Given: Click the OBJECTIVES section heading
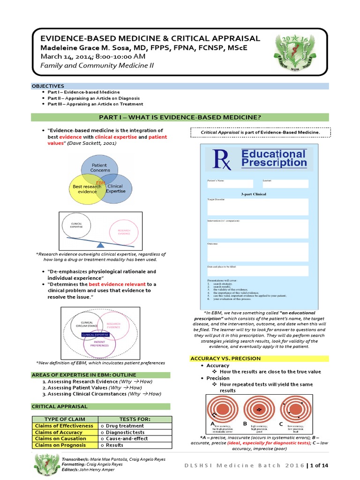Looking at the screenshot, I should pos(48,86).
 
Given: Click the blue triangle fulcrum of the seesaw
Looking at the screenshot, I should pos(101,245).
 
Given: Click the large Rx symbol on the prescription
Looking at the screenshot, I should pos(222,160).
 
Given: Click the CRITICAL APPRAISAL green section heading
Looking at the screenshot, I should pos(53,406).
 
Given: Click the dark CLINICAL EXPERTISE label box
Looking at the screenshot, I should pos(96,335).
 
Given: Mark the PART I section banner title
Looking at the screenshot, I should pos(180,117).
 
